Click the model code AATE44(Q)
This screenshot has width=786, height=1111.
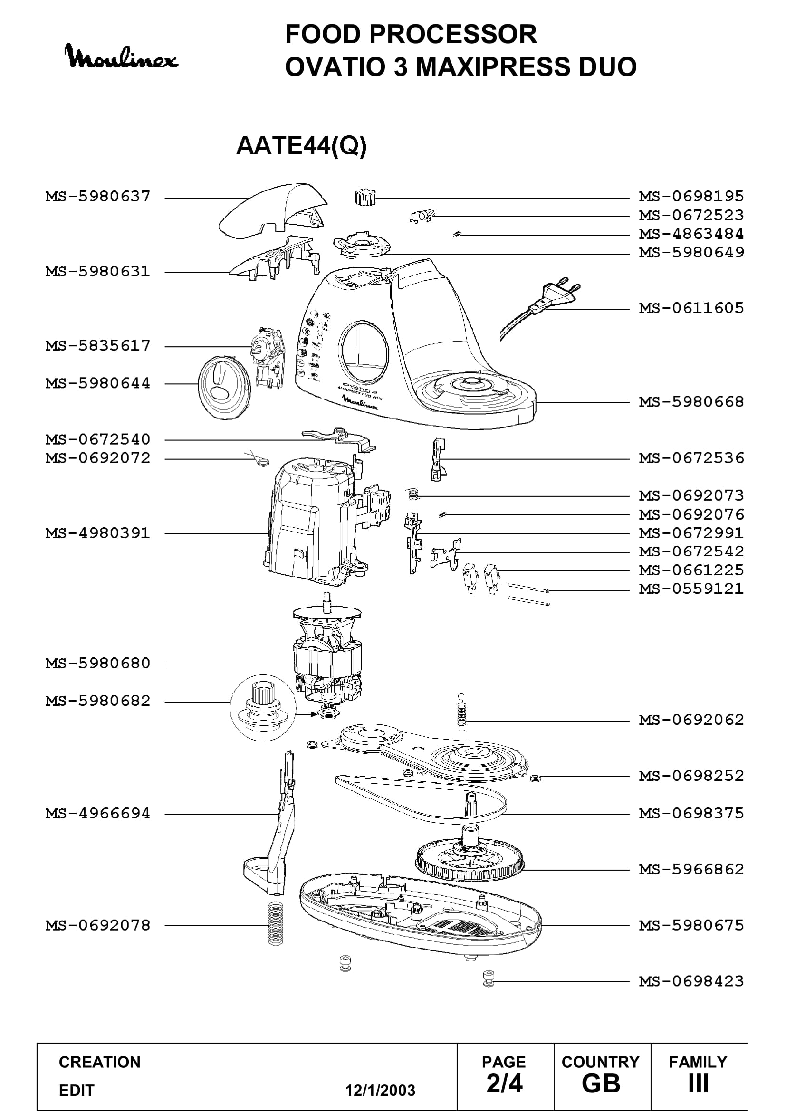[301, 145]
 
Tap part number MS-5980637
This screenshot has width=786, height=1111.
[98, 197]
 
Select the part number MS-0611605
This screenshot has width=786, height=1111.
[691, 308]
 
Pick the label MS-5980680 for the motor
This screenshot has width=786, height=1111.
[98, 663]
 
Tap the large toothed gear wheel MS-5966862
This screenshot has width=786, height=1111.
[470, 859]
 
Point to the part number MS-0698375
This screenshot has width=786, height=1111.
[691, 813]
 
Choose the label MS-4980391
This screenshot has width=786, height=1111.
[98, 533]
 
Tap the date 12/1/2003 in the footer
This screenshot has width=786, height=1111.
[380, 1091]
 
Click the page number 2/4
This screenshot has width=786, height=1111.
[504, 1084]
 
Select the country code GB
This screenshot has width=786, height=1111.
[601, 1084]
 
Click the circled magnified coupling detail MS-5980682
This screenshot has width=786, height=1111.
[263, 707]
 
